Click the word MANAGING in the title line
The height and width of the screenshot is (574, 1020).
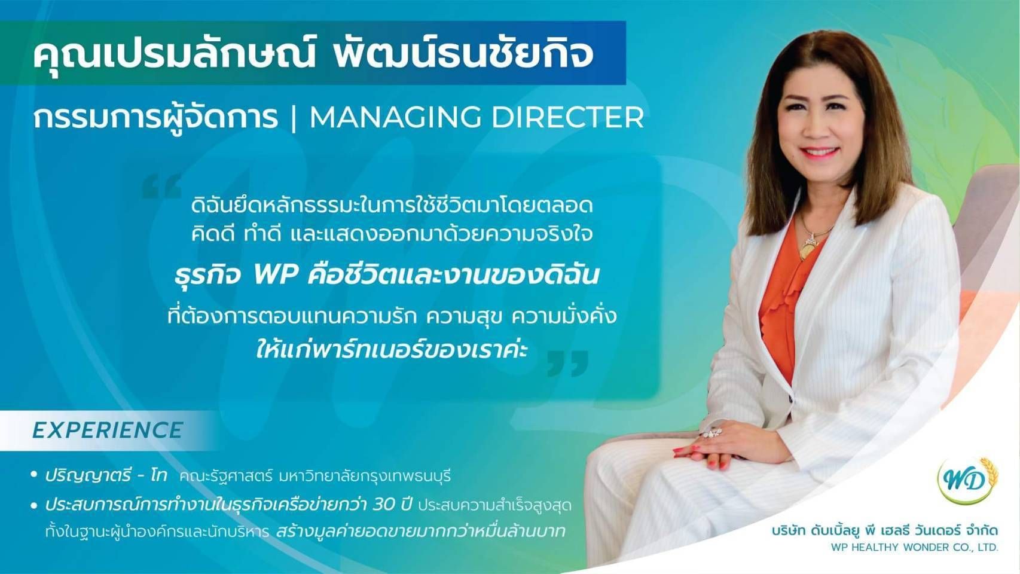tap(395, 118)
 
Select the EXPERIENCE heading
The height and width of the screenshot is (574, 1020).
tap(108, 430)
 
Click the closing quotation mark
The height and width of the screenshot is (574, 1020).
tap(567, 363)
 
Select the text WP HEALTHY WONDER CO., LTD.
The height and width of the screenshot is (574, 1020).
tap(914, 547)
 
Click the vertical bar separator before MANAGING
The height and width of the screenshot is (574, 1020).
tap(293, 118)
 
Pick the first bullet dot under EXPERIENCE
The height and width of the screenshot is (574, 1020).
tap(33, 475)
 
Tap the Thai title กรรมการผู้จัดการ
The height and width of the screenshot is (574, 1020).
tap(155, 118)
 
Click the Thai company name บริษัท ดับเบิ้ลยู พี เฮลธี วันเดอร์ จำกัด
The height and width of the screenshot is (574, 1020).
tap(885, 530)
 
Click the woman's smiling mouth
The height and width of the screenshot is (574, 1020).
tap(819, 152)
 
